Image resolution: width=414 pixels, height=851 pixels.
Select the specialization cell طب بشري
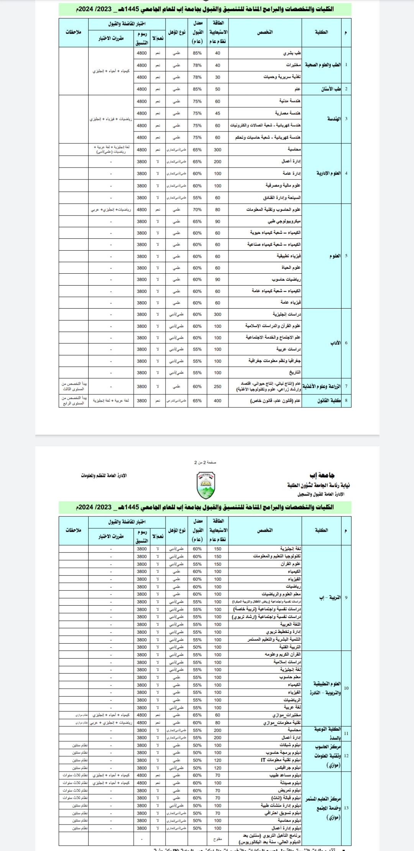(292, 53)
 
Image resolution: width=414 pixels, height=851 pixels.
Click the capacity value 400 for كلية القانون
(217, 401)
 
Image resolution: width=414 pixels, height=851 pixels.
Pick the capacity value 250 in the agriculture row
(217, 386)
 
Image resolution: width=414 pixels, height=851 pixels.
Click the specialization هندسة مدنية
(290, 101)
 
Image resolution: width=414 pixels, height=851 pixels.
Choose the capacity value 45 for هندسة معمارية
(217, 113)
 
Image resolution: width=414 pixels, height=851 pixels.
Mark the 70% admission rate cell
(197, 210)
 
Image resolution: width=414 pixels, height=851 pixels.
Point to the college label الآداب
(335, 343)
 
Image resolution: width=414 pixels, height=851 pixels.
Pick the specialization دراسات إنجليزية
(287, 314)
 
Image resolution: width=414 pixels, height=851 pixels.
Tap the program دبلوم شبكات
(289, 745)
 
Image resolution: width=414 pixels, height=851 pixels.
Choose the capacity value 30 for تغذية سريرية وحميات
(217, 77)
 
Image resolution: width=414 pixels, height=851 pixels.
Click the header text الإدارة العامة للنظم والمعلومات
(104, 476)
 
